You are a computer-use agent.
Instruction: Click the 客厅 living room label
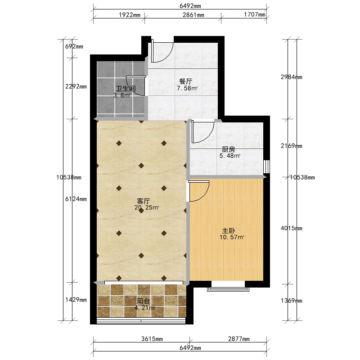click(144, 201)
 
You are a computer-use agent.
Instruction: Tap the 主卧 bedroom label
click(229, 231)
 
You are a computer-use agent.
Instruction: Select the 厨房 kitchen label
click(229, 149)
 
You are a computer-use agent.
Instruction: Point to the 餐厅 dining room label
click(186, 81)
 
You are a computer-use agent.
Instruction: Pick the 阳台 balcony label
click(144, 301)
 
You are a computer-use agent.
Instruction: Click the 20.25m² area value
click(147, 207)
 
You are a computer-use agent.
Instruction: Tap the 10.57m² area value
click(232, 237)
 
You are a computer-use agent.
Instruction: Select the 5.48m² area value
click(230, 156)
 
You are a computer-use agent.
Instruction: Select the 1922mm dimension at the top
click(130, 15)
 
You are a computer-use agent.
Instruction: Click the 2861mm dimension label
click(193, 15)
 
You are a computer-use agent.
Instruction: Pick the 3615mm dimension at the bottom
click(152, 339)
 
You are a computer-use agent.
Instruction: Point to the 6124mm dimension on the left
click(76, 199)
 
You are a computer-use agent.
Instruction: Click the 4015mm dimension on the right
click(292, 228)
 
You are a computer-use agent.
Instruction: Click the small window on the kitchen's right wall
click(266, 166)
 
